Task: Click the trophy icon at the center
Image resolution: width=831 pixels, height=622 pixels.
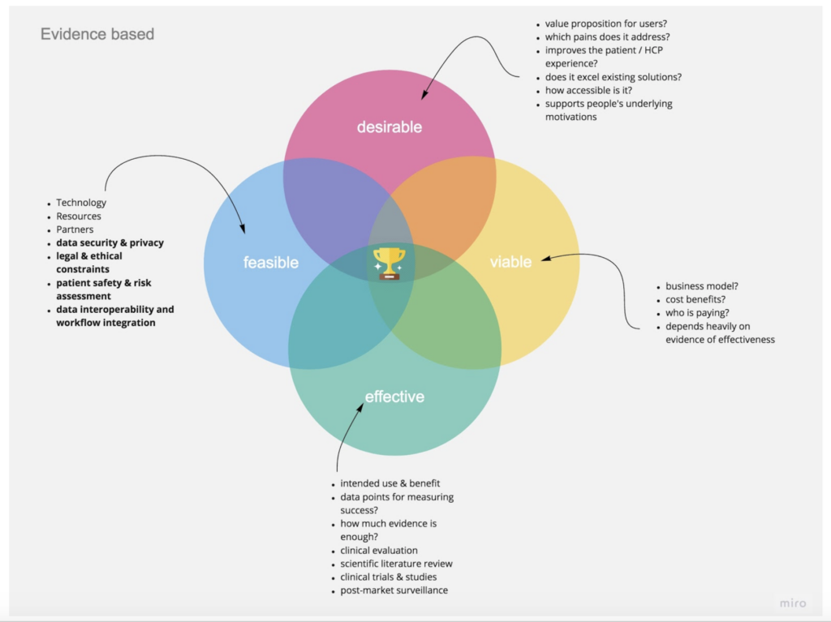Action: (x=389, y=264)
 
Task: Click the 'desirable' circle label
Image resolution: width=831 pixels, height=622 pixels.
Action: (x=390, y=127)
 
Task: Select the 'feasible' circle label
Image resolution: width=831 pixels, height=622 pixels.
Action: (x=271, y=263)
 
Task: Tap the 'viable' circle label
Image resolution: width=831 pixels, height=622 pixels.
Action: (x=510, y=262)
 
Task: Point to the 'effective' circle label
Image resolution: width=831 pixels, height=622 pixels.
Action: (x=394, y=397)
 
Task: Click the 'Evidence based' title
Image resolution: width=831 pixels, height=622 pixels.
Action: (x=97, y=34)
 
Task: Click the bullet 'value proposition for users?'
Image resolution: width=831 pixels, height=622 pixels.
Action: (x=605, y=24)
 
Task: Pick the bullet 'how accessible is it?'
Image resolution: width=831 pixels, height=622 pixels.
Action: (x=588, y=91)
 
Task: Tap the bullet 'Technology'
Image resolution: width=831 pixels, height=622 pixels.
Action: (x=81, y=203)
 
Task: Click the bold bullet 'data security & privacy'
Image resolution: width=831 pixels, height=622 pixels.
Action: (x=110, y=242)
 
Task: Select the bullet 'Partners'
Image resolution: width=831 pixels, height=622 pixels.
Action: (x=75, y=229)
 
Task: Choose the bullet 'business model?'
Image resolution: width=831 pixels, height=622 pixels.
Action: (x=702, y=286)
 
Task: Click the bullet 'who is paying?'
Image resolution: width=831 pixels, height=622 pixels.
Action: (x=698, y=313)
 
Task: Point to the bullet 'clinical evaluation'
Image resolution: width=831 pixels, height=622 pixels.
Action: (x=379, y=551)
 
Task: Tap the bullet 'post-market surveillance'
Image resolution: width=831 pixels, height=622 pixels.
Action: (x=394, y=590)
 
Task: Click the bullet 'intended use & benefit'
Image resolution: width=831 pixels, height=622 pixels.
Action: (x=390, y=483)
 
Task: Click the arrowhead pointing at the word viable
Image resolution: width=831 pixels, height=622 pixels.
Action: (x=545, y=259)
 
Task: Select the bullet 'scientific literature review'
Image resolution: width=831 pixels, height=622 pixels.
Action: (x=396, y=564)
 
